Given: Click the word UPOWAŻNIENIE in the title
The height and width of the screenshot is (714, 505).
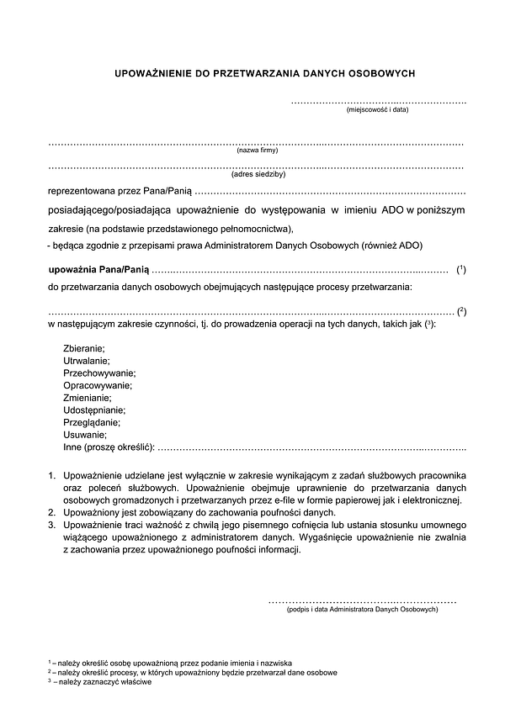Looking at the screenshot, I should [x=150, y=74].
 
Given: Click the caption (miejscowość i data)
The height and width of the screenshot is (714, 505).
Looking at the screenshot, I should [x=377, y=109].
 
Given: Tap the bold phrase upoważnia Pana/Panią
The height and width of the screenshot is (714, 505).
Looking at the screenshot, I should [x=98, y=269].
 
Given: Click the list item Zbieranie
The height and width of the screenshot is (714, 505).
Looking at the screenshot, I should [x=84, y=347].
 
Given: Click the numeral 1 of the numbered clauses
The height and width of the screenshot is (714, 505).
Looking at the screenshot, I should [x=52, y=476].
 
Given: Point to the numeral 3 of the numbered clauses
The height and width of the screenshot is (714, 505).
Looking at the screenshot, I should [x=52, y=524].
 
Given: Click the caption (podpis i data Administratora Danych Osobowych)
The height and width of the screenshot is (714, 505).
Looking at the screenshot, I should [x=362, y=609].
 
